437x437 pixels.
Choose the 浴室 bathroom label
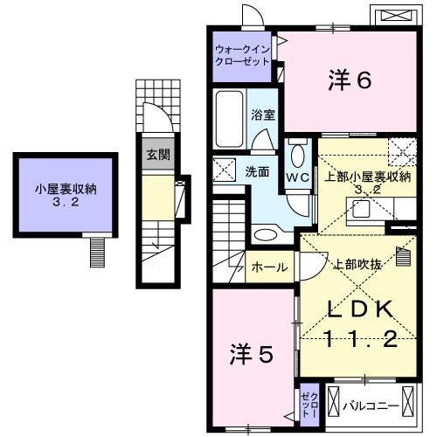(x=263, y=114)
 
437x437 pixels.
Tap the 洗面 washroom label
(x=256, y=171)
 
